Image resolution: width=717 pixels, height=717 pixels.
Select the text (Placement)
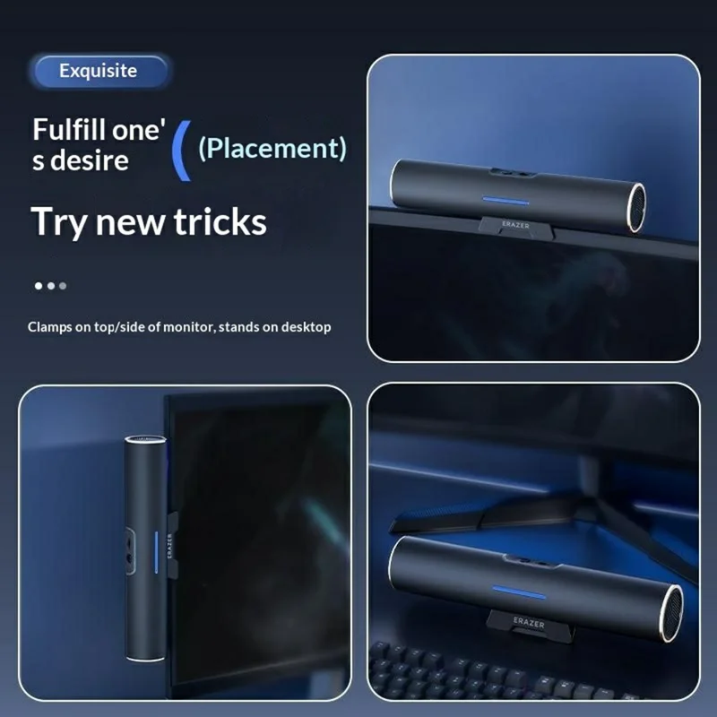[x=272, y=148]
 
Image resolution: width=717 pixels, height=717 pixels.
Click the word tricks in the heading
[x=220, y=221]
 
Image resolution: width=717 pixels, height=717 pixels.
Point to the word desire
[x=89, y=161]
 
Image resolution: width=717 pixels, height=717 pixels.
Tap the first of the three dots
[x=39, y=286]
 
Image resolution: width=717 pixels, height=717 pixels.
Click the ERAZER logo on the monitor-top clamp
[x=515, y=225]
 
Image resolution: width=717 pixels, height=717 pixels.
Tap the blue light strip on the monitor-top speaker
[x=505, y=201]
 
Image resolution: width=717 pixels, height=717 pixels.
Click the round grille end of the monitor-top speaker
[x=636, y=208]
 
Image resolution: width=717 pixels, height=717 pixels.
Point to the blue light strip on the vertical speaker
[x=156, y=552]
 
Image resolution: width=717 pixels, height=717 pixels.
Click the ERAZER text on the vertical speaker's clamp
[x=169, y=546]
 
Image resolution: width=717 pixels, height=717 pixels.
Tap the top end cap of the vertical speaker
[x=145, y=440]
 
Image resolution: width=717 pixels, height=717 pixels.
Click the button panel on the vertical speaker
[x=130, y=550]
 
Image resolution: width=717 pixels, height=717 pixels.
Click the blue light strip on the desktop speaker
[x=519, y=592]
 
